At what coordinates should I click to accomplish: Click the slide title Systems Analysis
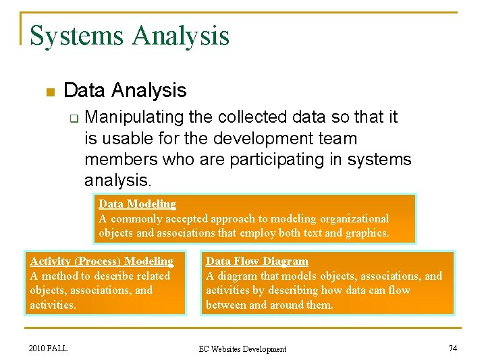point(130,36)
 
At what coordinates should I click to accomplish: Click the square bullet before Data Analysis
point(49,91)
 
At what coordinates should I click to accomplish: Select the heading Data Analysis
point(125,90)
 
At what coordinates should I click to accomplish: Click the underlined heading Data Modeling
point(137,204)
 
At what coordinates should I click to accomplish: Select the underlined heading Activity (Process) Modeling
point(101,261)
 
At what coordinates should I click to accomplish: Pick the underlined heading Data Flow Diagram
point(256,261)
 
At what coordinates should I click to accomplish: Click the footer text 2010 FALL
point(49,348)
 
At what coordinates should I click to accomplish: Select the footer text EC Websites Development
point(242,348)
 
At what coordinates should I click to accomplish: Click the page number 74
point(452,348)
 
